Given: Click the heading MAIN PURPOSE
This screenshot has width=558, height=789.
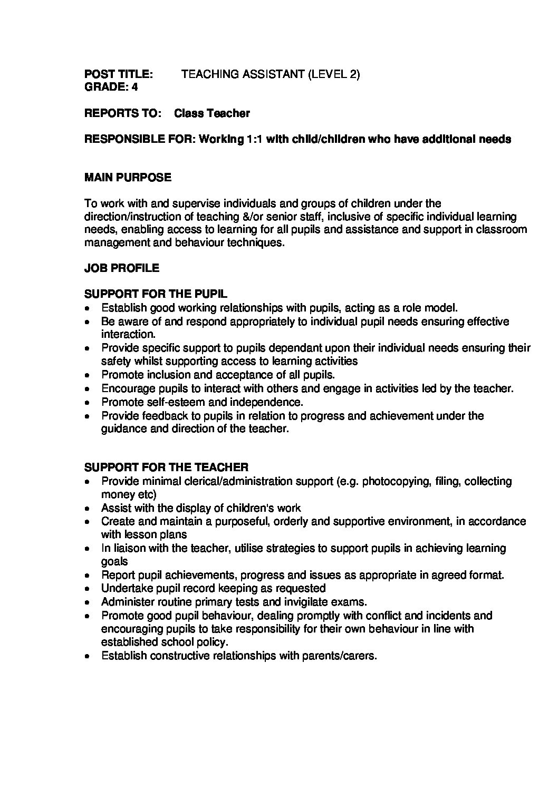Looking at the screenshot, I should tap(128, 178).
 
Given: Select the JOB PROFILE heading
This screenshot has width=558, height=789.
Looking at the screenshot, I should tap(122, 268).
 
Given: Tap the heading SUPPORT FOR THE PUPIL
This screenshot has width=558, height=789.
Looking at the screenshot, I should tap(156, 294).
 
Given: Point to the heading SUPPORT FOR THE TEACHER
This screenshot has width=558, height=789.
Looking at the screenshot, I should tap(166, 467).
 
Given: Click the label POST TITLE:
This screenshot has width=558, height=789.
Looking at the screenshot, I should tap(119, 74).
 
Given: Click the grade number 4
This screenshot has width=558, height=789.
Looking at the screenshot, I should tap(134, 87).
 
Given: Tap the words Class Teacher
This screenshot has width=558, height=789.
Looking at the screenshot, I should tap(212, 113).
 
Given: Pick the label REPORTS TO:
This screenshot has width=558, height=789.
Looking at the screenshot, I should tap(122, 113).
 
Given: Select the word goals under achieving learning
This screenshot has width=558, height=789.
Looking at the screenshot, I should tap(114, 562).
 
